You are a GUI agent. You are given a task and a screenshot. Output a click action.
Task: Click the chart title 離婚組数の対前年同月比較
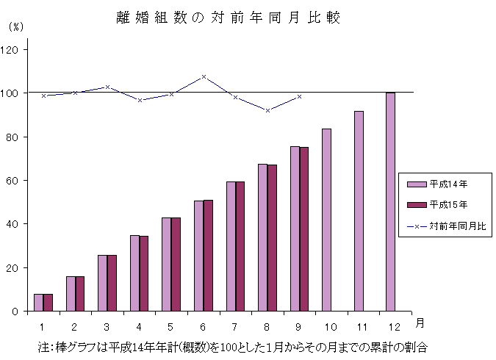pyautogui.click(x=229, y=18)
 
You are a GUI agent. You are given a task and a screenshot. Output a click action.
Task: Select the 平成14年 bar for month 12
pyautogui.click(x=390, y=202)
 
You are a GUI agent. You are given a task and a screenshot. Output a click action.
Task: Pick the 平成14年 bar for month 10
pyautogui.click(x=326, y=220)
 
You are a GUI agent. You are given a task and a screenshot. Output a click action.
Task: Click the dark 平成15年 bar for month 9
pyautogui.click(x=304, y=229)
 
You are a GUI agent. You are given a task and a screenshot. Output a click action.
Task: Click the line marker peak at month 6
pyautogui.click(x=204, y=76)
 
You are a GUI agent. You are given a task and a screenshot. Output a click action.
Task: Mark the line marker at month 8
pyautogui.click(x=267, y=110)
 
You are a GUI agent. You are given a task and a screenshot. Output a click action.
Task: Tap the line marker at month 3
pyautogui.click(x=107, y=87)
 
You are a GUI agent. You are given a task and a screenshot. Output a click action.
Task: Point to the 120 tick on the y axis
pyautogui.click(x=12, y=50)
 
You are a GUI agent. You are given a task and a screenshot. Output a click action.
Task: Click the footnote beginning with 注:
pyautogui.click(x=233, y=345)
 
